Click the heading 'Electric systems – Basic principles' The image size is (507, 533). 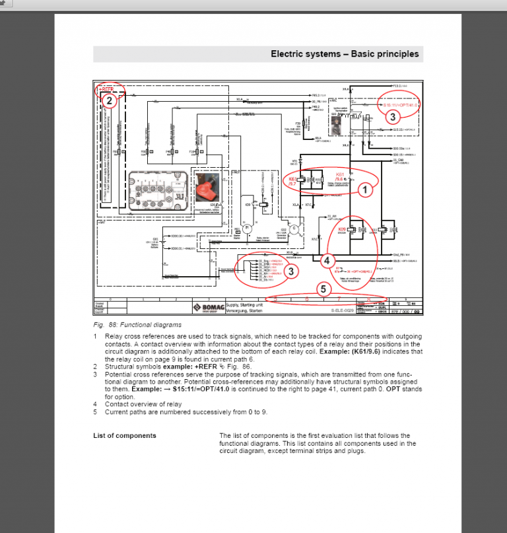[x=345, y=54]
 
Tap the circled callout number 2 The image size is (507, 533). [x=110, y=101]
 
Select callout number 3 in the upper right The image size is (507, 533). [x=392, y=118]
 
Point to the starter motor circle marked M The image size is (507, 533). [x=246, y=229]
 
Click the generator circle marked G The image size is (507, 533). [x=294, y=229]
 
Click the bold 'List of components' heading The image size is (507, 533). [x=125, y=435]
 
